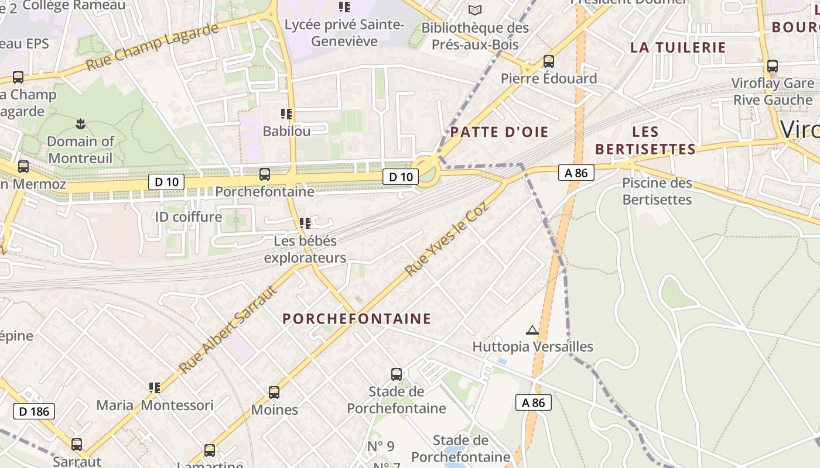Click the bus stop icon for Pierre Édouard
click(549, 61)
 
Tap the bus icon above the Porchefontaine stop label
click(265, 174)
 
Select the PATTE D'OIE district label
click(499, 132)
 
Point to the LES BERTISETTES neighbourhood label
click(645, 140)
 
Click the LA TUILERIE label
click(678, 47)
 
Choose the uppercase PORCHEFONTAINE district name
click(357, 319)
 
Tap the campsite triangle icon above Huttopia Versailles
click(532, 331)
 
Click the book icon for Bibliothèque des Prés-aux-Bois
click(475, 10)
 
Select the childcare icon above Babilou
click(286, 113)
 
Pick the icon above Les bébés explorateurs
click(305, 223)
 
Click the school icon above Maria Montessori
click(155, 387)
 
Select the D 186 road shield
click(34, 411)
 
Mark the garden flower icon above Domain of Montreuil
click(80, 123)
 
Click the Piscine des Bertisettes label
click(657, 191)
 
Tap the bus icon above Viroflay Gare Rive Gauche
click(773, 66)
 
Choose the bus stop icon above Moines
click(274, 392)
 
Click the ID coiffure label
click(188, 217)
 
